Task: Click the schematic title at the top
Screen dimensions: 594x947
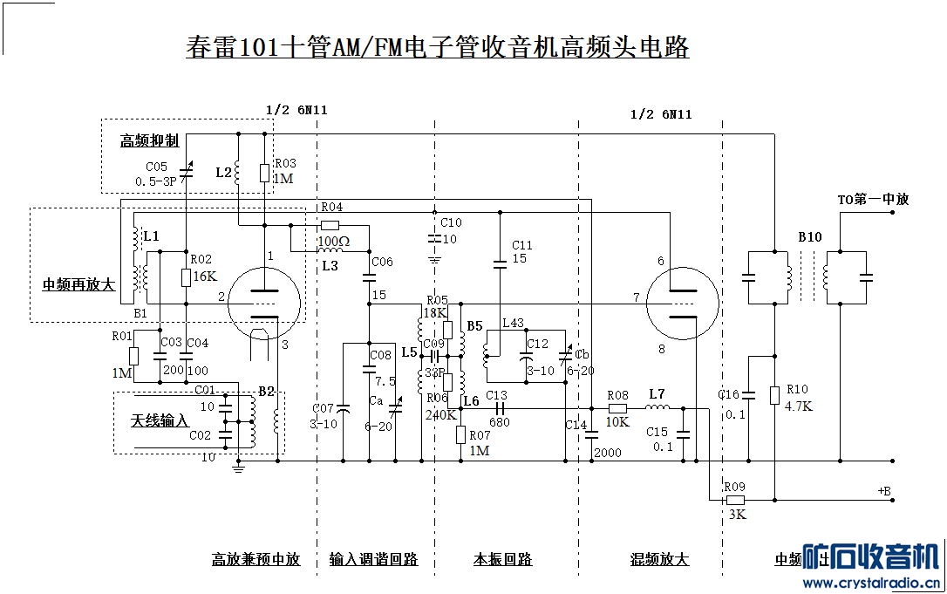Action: coord(438,46)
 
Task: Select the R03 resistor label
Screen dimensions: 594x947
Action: coord(285,163)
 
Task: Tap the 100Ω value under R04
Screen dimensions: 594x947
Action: coord(333,241)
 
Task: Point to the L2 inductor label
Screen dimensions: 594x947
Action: coord(223,173)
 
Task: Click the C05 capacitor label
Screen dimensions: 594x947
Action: coord(157,167)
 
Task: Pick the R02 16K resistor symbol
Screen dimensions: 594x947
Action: coord(186,277)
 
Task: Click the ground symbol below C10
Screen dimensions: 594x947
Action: coord(433,258)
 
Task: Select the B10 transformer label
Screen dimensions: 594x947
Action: coord(809,237)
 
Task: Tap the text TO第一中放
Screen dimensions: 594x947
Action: coord(873,200)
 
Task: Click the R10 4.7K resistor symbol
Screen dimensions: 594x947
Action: coord(774,395)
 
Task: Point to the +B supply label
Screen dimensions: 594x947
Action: coord(884,492)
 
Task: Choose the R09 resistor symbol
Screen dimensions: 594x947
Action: coord(735,501)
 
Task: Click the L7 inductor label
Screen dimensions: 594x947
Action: coord(657,395)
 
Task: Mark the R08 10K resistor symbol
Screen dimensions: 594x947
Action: coord(617,407)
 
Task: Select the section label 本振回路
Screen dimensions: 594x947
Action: coord(502,560)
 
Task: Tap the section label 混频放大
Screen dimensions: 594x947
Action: coord(659,560)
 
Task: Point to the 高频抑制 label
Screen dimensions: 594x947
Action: coord(149,140)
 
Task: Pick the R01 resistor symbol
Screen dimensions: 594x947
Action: coord(133,356)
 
